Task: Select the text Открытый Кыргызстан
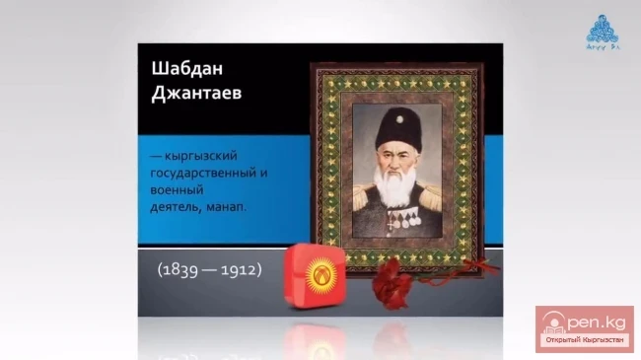(584, 342)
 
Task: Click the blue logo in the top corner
(599, 28)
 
